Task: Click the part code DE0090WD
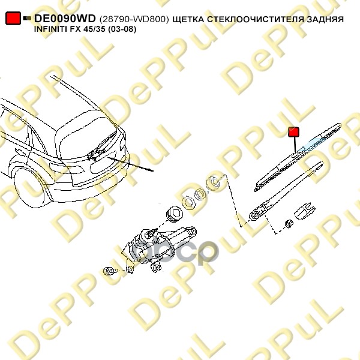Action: click(x=65, y=19)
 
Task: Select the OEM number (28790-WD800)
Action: click(x=134, y=19)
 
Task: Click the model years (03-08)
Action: click(x=122, y=29)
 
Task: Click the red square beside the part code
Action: click(x=13, y=18)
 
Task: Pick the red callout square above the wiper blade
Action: click(x=293, y=132)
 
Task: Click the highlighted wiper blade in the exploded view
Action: click(x=298, y=157)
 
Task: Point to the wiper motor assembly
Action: click(x=158, y=248)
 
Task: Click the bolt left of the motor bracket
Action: click(x=110, y=271)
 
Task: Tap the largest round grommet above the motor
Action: click(x=174, y=214)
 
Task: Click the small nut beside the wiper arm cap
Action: click(x=289, y=223)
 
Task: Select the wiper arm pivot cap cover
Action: click(x=305, y=211)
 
